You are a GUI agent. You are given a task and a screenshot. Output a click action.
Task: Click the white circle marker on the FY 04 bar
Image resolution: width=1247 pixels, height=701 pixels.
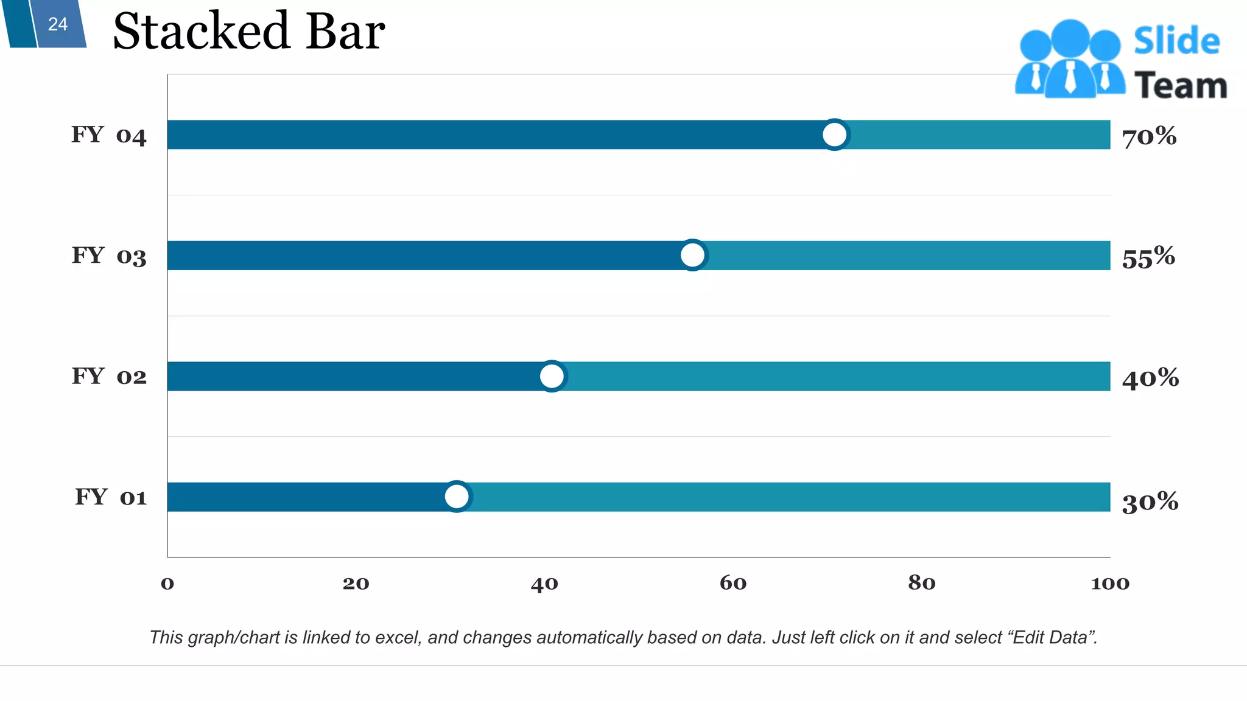(834, 134)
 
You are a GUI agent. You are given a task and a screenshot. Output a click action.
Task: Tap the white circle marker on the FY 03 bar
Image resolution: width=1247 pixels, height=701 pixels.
(692, 255)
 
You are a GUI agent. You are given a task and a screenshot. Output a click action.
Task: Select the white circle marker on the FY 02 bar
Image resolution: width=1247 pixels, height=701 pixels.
(552, 376)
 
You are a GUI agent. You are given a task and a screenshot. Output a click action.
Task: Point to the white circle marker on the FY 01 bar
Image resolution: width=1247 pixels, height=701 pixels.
(457, 497)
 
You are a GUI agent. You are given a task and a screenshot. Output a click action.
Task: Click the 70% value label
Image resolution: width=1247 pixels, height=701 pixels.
(1149, 136)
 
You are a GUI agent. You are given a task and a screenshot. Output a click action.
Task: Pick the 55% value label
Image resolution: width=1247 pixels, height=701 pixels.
(1148, 257)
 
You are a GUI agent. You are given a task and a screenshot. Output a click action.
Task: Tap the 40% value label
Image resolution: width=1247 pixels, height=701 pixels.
(1150, 378)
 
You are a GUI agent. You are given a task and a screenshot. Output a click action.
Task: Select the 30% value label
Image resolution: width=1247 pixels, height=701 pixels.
(1150, 502)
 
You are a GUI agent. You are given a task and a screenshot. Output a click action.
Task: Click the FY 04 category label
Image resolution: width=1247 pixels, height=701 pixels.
(109, 135)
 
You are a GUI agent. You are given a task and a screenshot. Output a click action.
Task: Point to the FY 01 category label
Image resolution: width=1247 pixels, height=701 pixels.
(111, 497)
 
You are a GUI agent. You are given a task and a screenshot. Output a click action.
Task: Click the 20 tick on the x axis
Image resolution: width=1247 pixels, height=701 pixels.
(356, 584)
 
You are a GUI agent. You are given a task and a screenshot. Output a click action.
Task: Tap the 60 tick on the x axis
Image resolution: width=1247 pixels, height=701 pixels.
(733, 583)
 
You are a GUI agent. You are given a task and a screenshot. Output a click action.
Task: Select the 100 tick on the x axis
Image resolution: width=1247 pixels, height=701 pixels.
(1109, 584)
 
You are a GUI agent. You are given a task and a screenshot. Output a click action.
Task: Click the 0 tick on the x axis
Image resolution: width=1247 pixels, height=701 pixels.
(167, 584)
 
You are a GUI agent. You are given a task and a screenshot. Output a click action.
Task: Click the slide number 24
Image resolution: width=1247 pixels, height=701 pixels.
(58, 24)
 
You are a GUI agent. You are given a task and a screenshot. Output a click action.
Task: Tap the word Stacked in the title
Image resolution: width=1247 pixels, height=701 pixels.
(201, 32)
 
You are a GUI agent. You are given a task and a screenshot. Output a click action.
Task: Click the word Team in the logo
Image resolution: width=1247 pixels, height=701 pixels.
(1180, 85)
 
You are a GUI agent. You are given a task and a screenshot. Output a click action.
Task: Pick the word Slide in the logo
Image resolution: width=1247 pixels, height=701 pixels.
(1176, 41)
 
